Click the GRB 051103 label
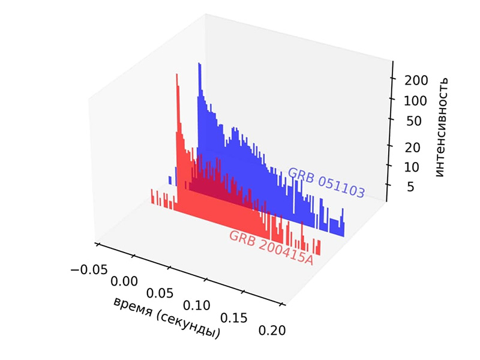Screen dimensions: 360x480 (326, 182)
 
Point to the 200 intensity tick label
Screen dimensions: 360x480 (414, 80)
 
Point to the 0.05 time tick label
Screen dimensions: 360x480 (160, 293)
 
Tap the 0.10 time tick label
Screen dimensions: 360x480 (197, 305)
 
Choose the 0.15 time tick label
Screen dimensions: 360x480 (233, 317)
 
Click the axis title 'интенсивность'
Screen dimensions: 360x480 (442, 127)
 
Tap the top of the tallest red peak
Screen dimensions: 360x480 (177, 74)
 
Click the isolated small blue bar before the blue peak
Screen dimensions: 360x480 (170, 180)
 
